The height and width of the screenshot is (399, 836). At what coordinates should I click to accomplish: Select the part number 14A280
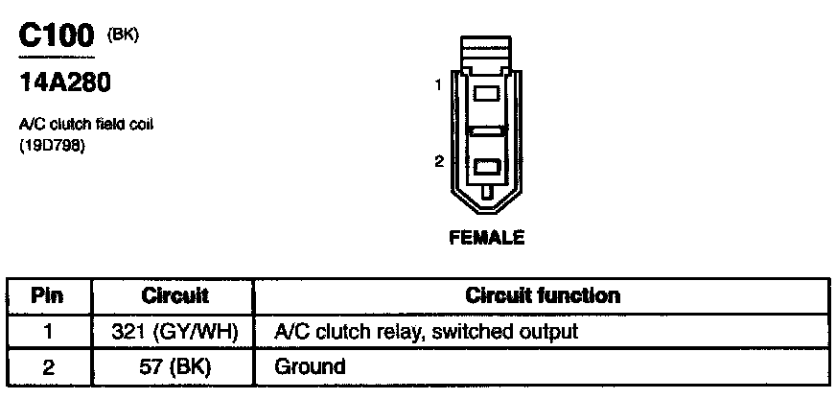pyautogui.click(x=65, y=83)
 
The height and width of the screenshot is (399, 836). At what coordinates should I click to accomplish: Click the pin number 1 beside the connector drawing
pyautogui.click(x=437, y=84)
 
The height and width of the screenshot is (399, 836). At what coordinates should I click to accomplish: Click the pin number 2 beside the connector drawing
pyautogui.click(x=437, y=161)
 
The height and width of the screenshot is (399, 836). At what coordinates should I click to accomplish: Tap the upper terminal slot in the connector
pyautogui.click(x=486, y=94)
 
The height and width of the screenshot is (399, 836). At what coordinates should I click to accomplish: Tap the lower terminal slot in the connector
pyautogui.click(x=486, y=166)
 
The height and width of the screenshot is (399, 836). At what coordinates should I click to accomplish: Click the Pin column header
pyautogui.click(x=49, y=295)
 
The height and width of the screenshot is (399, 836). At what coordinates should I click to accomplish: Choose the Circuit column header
pyautogui.click(x=175, y=295)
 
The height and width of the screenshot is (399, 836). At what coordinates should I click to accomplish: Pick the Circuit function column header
pyautogui.click(x=542, y=295)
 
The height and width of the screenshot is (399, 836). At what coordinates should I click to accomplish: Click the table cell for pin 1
pyautogui.click(x=49, y=331)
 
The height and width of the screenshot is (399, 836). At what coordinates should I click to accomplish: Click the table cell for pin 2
pyautogui.click(x=49, y=365)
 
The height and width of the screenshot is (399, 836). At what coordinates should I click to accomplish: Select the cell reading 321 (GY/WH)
pyautogui.click(x=175, y=331)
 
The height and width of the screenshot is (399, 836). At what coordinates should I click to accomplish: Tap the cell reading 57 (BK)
pyautogui.click(x=175, y=365)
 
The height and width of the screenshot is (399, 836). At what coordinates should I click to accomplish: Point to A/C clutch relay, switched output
pyautogui.click(x=427, y=331)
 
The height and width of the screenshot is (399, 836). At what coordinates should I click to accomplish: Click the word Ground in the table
pyautogui.click(x=310, y=365)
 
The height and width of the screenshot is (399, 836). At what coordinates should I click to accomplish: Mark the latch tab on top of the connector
pyautogui.click(x=486, y=52)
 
